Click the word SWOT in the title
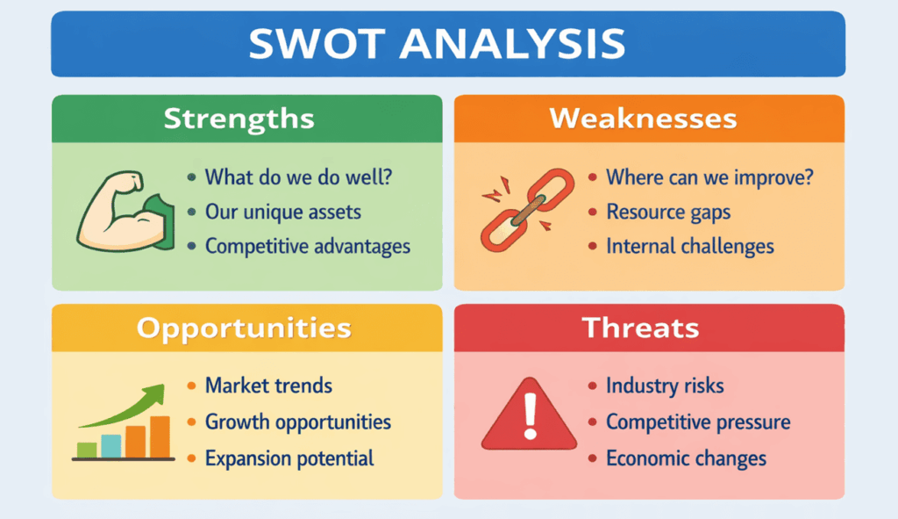click(317, 44)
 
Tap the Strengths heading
click(239, 119)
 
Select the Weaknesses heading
click(643, 119)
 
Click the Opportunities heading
click(244, 328)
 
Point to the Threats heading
click(641, 328)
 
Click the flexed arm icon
click(125, 211)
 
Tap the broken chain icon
click(527, 210)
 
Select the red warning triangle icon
click(529, 414)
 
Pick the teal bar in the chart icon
click(111, 445)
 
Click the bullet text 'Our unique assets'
click(283, 213)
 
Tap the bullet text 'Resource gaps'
click(668, 213)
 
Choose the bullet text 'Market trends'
click(268, 386)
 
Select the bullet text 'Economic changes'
click(686, 458)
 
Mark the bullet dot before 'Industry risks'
click(592, 386)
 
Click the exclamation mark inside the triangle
click(531, 416)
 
